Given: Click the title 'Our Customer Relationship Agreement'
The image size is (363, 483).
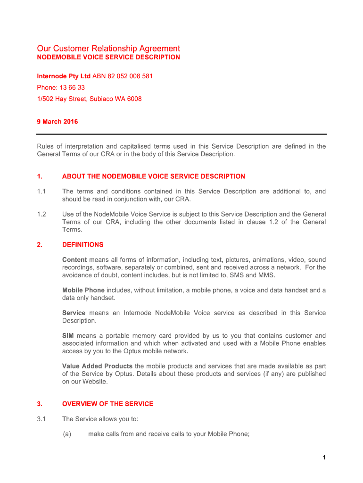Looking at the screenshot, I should click(x=108, y=49).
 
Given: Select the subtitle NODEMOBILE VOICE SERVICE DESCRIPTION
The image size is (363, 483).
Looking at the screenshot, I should click(x=108, y=57).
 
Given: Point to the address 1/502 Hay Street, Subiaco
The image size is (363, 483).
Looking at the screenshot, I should click(x=89, y=99).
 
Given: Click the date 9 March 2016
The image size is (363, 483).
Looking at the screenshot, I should click(x=58, y=122).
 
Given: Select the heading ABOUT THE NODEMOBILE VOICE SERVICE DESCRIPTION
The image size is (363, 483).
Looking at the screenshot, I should click(x=153, y=176).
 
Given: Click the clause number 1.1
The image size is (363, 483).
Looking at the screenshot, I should click(x=41, y=192).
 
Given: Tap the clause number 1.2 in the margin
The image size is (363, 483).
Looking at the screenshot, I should click(x=41, y=214).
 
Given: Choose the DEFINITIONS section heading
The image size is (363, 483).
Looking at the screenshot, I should click(x=82, y=245).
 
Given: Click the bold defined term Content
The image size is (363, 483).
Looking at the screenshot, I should click(x=74, y=260).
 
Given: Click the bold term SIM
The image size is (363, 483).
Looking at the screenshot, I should click(x=68, y=336).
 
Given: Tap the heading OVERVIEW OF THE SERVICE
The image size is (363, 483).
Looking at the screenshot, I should click(x=107, y=404).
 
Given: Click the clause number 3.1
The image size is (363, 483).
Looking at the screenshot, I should click(x=41, y=419).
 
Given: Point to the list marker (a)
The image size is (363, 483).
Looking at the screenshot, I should click(x=66, y=434).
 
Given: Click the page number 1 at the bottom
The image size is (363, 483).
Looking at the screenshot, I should click(x=325, y=458).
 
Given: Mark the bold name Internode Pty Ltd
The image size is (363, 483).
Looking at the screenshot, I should click(x=64, y=76).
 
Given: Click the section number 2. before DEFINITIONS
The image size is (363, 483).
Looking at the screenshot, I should click(x=40, y=245).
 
